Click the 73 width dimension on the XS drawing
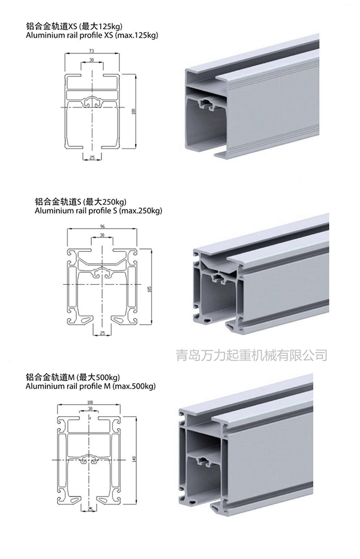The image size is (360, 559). (92, 52)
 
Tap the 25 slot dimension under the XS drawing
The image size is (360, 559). (92, 157)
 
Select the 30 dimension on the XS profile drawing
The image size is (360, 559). (92, 61)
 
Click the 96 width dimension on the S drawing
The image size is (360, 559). (103, 226)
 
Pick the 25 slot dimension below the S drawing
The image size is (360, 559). (103, 333)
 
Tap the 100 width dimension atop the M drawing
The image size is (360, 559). (91, 402)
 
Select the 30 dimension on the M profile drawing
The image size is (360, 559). (91, 409)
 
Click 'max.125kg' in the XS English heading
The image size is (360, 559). (136, 35)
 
